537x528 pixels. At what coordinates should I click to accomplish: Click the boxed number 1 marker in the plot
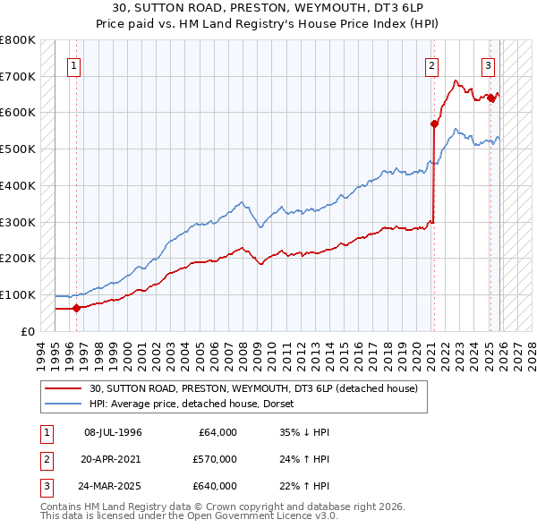(x=73, y=64)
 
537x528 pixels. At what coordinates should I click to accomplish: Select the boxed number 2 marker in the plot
(x=431, y=64)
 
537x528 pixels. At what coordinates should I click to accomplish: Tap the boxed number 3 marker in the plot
(x=488, y=64)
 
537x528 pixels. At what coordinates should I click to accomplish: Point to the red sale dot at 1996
(x=76, y=308)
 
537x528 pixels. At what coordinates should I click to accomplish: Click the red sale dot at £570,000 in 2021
(x=434, y=123)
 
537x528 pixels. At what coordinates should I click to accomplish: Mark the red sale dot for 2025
(x=490, y=98)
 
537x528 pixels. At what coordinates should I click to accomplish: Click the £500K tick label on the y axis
(x=18, y=149)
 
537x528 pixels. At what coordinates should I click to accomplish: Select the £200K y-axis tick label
(x=18, y=258)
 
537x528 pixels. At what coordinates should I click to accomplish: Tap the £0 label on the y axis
(x=26, y=331)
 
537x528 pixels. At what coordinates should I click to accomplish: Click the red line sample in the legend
(x=64, y=389)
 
